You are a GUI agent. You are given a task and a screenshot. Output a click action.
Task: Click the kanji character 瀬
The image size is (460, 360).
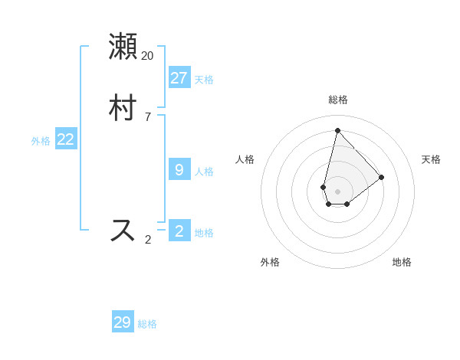(123, 46)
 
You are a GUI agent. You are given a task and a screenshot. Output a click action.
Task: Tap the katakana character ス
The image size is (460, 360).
(123, 230)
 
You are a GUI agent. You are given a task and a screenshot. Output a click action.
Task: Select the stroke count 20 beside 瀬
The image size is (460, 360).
(147, 55)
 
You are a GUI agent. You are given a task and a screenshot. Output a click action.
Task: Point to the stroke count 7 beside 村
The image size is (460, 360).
(147, 117)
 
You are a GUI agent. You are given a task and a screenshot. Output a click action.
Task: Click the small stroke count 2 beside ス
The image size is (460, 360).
(147, 240)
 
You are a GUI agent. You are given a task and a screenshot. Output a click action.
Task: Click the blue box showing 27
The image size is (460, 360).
(179, 77)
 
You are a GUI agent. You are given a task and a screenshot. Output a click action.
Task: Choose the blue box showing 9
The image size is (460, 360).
(179, 169)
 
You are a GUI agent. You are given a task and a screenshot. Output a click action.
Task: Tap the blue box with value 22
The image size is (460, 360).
(66, 139)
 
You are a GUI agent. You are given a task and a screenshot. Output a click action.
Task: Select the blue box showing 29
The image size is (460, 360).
(123, 322)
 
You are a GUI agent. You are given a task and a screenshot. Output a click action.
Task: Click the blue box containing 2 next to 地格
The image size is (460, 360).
(179, 231)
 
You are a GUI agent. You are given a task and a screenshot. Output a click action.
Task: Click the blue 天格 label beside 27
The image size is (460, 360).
(204, 79)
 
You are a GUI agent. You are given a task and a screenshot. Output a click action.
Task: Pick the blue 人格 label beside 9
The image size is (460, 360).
(204, 171)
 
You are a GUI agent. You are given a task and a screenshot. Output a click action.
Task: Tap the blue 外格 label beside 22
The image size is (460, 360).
(41, 140)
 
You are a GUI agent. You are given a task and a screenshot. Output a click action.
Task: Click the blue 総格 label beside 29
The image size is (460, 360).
(147, 324)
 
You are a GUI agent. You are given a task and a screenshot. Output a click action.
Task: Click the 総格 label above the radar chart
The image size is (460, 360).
(337, 100)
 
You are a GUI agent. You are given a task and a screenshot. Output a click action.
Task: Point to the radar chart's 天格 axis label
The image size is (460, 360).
(431, 159)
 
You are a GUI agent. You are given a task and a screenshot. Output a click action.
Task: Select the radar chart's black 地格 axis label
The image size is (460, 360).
(402, 262)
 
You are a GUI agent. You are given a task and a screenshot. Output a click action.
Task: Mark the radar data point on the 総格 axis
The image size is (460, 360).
(337, 129)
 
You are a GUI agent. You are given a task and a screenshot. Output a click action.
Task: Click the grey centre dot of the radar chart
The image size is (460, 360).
(337, 191)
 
